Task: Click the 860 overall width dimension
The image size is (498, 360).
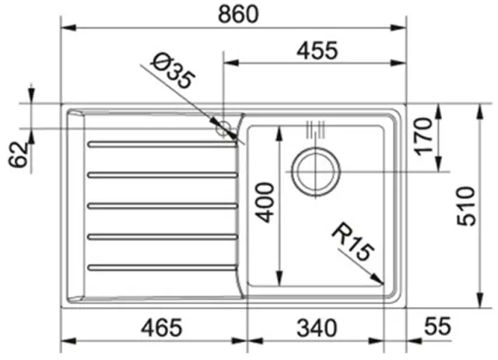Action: [238, 14]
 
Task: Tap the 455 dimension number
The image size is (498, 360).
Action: [317, 51]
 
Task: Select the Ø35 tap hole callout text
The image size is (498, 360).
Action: [174, 72]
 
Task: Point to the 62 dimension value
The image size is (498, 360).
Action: [18, 154]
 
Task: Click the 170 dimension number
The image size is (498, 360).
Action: [423, 136]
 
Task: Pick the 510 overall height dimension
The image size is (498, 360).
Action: [466, 206]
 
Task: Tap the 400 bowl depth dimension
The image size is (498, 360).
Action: [265, 202]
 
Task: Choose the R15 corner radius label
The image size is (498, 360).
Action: [352, 242]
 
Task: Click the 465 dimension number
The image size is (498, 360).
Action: [162, 328]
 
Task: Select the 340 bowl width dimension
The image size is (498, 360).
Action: [317, 328]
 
